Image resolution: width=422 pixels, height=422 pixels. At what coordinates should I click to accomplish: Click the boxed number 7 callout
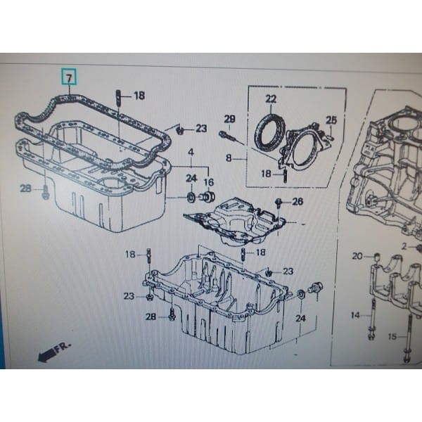(68, 75)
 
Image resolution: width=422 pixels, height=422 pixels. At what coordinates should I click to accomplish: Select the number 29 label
(229, 118)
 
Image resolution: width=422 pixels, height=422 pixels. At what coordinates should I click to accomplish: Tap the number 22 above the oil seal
(271, 98)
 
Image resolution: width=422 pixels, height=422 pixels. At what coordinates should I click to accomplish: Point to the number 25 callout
(331, 121)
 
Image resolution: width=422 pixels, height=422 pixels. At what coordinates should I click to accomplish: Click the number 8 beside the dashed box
(229, 159)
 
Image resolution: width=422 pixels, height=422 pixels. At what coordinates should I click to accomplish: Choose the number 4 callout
(191, 153)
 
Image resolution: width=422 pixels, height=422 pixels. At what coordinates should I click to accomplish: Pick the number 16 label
(208, 182)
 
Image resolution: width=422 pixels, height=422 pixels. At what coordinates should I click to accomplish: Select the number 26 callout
(297, 202)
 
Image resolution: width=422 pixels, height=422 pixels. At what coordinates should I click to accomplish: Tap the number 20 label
(357, 256)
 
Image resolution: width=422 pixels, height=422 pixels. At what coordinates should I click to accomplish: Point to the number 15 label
(392, 336)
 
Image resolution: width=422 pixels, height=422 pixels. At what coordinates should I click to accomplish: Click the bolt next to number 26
(279, 204)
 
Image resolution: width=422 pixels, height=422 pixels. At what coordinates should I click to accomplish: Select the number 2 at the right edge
(405, 246)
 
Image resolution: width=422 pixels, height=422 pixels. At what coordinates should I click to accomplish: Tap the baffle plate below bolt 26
(239, 222)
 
